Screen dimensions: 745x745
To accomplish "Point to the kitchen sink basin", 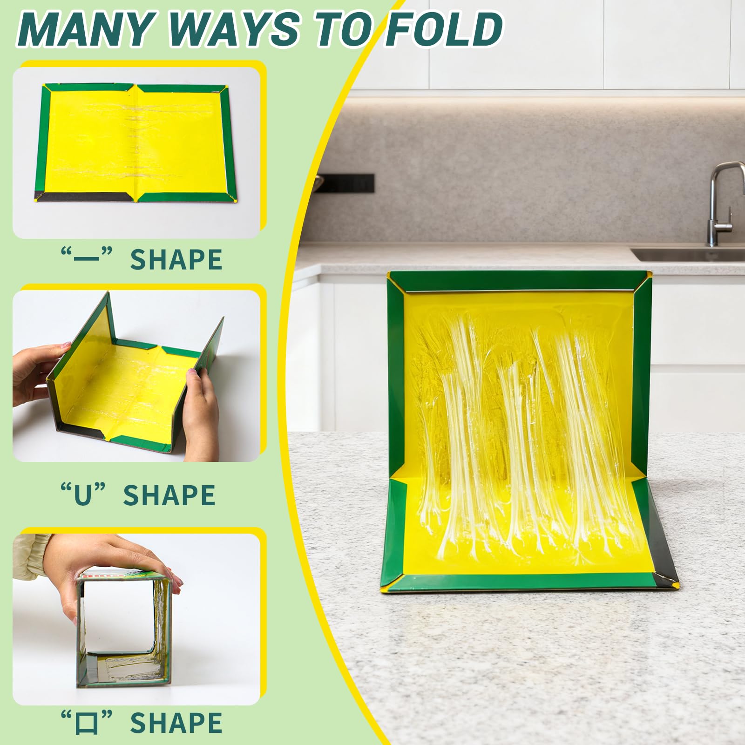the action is pyautogui.click(x=689, y=255).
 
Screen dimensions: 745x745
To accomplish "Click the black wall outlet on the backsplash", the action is pyautogui.click(x=346, y=183).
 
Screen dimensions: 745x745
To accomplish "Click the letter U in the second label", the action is pyautogui.click(x=83, y=495).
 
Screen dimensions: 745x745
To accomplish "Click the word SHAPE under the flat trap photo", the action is pyautogui.click(x=176, y=260).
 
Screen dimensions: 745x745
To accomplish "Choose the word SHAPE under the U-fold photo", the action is pyautogui.click(x=169, y=495).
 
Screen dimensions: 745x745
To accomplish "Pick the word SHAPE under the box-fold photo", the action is pyautogui.click(x=176, y=723).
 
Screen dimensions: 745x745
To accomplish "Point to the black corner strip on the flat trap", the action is pyautogui.click(x=84, y=196).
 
